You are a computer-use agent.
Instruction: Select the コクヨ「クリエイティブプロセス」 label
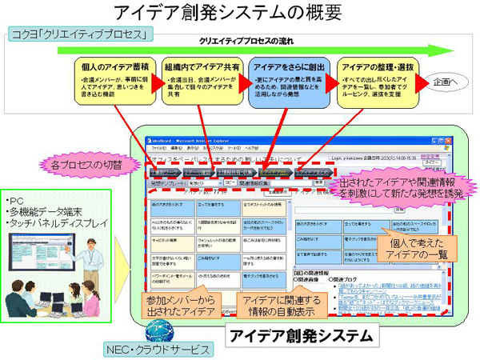pyautogui.click(x=80, y=36)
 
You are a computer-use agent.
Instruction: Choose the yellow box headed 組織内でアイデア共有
pyautogui.click(x=201, y=78)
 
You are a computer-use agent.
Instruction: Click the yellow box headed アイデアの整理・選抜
pyautogui.click(x=373, y=78)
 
